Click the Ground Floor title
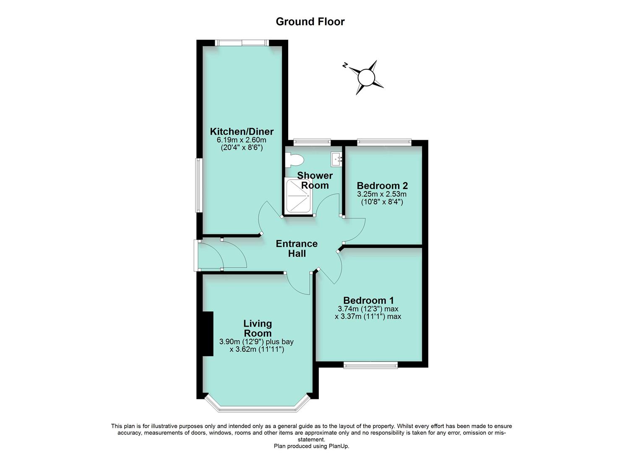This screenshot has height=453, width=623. click(x=310, y=22)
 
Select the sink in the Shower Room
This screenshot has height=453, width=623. click(x=337, y=159)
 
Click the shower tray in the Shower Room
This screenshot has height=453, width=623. click(x=297, y=196)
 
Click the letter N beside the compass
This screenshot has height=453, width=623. click(x=345, y=65)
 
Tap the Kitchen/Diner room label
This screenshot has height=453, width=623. click(x=242, y=132)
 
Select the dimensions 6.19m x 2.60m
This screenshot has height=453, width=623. click(x=242, y=140)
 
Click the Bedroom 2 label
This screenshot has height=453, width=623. click(x=382, y=185)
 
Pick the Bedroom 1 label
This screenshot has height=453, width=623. click(x=368, y=300)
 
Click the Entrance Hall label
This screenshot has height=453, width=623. click(x=297, y=249)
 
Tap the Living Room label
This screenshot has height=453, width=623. click(x=258, y=328)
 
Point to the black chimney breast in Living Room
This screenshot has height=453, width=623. click(x=208, y=333)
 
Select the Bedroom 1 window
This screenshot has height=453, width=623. click(x=370, y=365)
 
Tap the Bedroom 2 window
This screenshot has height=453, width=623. click(x=384, y=142)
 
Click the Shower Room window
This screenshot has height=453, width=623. click(x=312, y=142)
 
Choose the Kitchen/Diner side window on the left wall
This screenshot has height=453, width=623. click(x=198, y=185)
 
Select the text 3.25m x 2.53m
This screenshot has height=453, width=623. click(x=382, y=194)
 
